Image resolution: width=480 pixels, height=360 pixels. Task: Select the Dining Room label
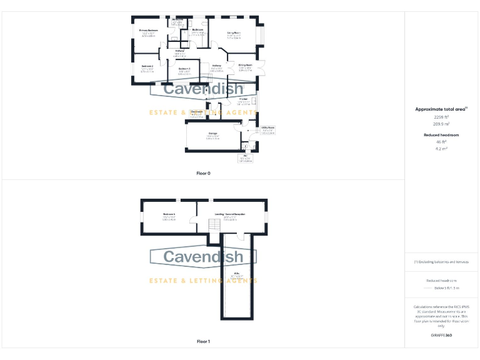[245, 65]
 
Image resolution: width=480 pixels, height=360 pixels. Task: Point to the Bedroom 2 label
[147, 66]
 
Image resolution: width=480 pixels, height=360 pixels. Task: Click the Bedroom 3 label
[184, 68]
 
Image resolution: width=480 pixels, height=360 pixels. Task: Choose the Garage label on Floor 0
[212, 133]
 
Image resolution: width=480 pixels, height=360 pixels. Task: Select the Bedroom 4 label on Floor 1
[169, 214]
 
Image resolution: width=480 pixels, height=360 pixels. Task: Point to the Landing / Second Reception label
[230, 214]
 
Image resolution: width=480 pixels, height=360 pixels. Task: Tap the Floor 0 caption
[203, 172]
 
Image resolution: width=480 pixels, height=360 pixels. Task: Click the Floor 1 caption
[203, 341]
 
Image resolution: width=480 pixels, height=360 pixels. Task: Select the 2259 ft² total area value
[441, 117]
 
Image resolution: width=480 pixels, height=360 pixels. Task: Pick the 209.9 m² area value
[441, 124]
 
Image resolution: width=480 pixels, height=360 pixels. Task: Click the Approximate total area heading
[441, 109]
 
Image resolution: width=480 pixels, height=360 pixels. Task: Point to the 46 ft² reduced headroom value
[441, 142]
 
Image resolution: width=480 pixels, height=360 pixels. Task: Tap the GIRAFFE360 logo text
[441, 336]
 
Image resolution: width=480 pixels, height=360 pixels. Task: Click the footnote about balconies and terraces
[441, 262]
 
